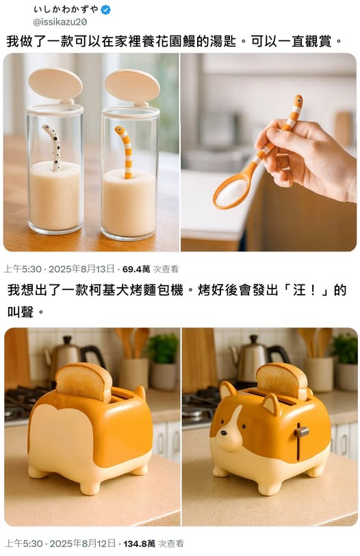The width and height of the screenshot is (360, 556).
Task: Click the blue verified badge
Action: tap(105, 10)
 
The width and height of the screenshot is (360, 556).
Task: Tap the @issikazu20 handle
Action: tap(60, 22)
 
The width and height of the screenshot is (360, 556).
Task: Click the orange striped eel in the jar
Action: tap(125, 151)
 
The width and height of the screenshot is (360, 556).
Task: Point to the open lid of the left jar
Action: tap(55, 84)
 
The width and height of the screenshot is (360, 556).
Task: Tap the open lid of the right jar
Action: tap(132, 87)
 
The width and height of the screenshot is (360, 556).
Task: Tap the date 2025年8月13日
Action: tap(81, 269)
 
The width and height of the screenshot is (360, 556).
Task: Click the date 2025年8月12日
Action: tap(82, 543)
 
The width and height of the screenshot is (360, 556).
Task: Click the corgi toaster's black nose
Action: tap(224, 433)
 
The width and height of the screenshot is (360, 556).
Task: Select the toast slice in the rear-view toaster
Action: tap(83, 382)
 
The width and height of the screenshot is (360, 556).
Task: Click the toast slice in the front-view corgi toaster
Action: tap(282, 380)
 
